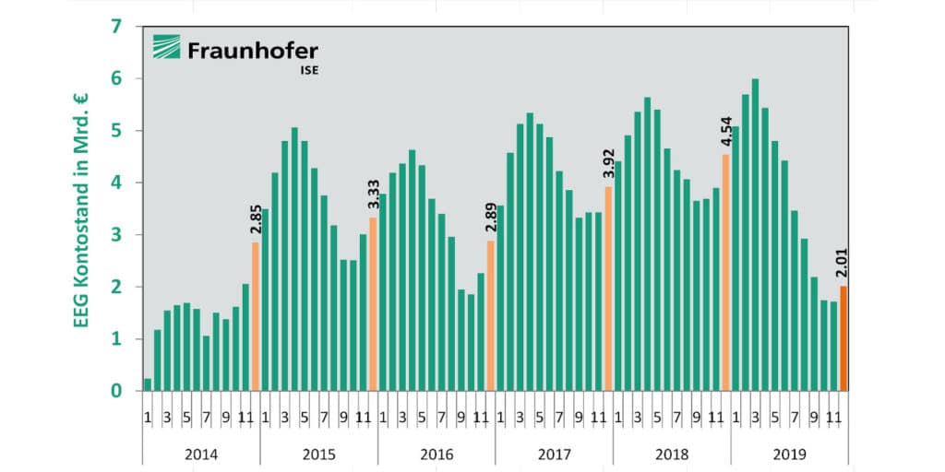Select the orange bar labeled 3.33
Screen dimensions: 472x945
373,304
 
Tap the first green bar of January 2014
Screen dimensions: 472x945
148,384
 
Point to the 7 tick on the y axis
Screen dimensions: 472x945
115,27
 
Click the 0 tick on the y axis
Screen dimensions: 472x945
115,391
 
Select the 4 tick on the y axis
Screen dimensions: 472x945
115,183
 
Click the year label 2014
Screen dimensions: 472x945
201,454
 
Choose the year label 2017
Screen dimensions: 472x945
554,454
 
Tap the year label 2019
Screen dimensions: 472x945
789,454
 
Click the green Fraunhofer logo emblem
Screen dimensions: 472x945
167,49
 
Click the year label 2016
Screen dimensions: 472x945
437,454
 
